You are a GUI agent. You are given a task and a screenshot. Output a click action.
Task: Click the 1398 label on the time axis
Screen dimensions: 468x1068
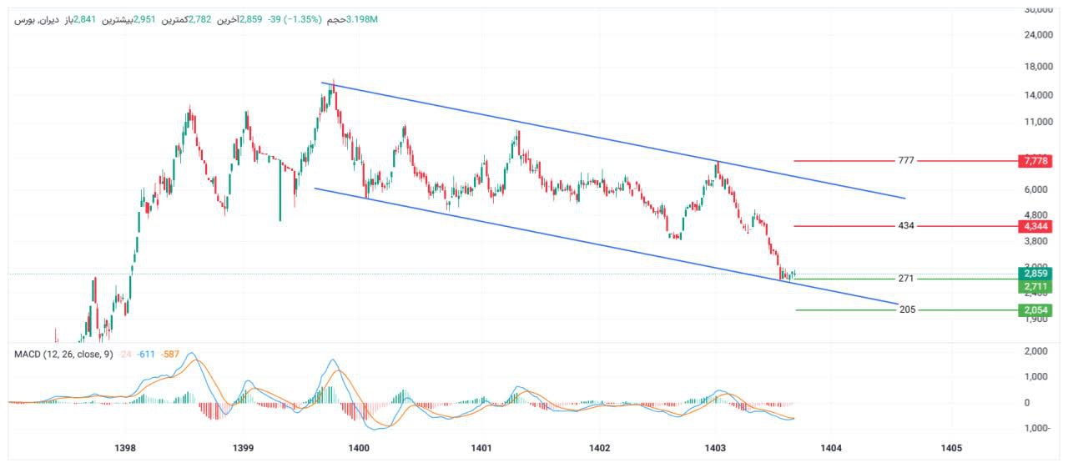coord(125,448)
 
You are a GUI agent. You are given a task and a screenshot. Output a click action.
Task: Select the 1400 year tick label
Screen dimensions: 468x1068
coord(360,448)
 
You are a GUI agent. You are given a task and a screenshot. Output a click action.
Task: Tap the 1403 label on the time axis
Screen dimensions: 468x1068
coord(715,448)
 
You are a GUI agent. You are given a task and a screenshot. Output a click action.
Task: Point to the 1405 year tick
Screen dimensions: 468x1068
coord(950,448)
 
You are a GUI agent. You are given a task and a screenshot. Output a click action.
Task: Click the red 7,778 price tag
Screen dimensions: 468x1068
coord(1035,160)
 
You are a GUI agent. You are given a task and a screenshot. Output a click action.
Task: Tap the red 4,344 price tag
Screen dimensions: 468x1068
coord(1035,226)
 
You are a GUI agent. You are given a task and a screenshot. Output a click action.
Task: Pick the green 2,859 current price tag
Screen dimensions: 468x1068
coord(1035,274)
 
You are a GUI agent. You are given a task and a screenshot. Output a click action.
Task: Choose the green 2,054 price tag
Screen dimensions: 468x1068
coord(1035,310)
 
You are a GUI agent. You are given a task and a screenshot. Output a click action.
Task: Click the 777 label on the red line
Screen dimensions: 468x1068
coord(907,160)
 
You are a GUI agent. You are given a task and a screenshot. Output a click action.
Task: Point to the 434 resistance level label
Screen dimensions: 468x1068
coord(907,226)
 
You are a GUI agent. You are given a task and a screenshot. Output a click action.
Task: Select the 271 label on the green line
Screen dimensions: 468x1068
coord(907,279)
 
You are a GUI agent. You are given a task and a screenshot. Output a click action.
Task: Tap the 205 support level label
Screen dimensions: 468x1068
coord(907,309)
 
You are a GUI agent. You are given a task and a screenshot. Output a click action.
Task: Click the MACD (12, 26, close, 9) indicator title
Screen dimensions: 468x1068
coord(63,355)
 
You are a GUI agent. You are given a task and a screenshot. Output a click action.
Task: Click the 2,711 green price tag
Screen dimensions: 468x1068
coord(1035,287)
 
